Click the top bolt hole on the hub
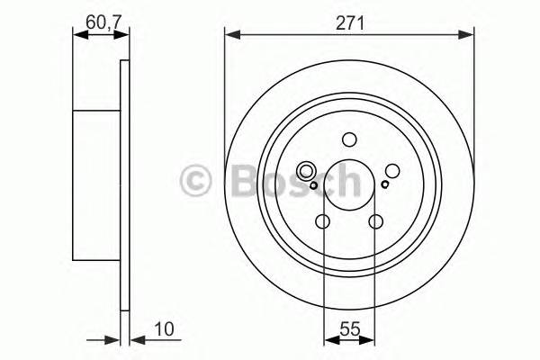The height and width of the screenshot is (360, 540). pyautogui.click(x=349, y=139)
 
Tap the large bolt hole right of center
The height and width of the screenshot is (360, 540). pyautogui.click(x=391, y=171)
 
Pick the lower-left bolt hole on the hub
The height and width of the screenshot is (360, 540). pyautogui.click(x=323, y=221)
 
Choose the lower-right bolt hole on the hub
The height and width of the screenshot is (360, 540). pyautogui.click(x=375, y=221)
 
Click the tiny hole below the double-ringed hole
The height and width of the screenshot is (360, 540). pyautogui.click(x=312, y=185)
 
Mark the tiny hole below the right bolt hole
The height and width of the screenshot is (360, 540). pyautogui.click(x=384, y=185)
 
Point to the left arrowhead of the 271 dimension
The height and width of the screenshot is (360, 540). pyautogui.click(x=230, y=36)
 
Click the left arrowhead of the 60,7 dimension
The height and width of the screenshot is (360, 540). pyautogui.click(x=77, y=36)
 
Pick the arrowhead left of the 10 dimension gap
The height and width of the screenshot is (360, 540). pyautogui.click(x=114, y=340)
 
